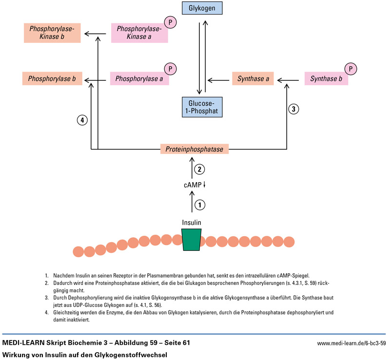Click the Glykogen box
[x=202, y=8]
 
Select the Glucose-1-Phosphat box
[x=202, y=107]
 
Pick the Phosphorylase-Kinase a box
[x=139, y=33]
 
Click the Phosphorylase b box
[x=52, y=78]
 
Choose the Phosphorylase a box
[x=139, y=78]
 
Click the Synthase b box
[x=326, y=78]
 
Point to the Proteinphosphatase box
[x=195, y=149]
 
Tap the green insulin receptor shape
[x=192, y=241]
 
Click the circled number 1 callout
[x=199, y=205]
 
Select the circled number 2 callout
[x=199, y=170]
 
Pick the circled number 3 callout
[x=293, y=109]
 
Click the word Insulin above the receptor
[x=192, y=222]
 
